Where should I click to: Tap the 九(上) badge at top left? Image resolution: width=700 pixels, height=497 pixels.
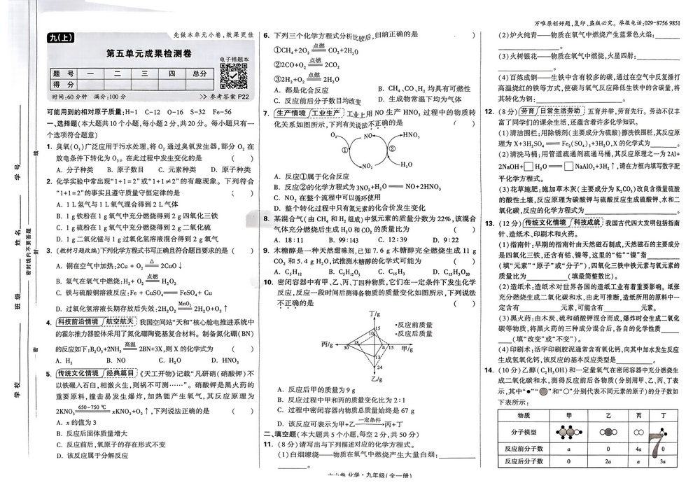pos(62,38)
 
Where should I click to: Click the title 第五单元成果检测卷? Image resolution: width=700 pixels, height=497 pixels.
pos(148,53)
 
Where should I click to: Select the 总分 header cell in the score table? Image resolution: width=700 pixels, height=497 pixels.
pos(200,73)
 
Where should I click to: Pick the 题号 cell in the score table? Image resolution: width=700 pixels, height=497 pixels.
pos(62,73)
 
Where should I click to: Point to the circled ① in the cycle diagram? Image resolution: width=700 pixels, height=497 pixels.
pos(344,149)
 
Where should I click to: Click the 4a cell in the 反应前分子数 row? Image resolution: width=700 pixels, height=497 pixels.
pos(638,449)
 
